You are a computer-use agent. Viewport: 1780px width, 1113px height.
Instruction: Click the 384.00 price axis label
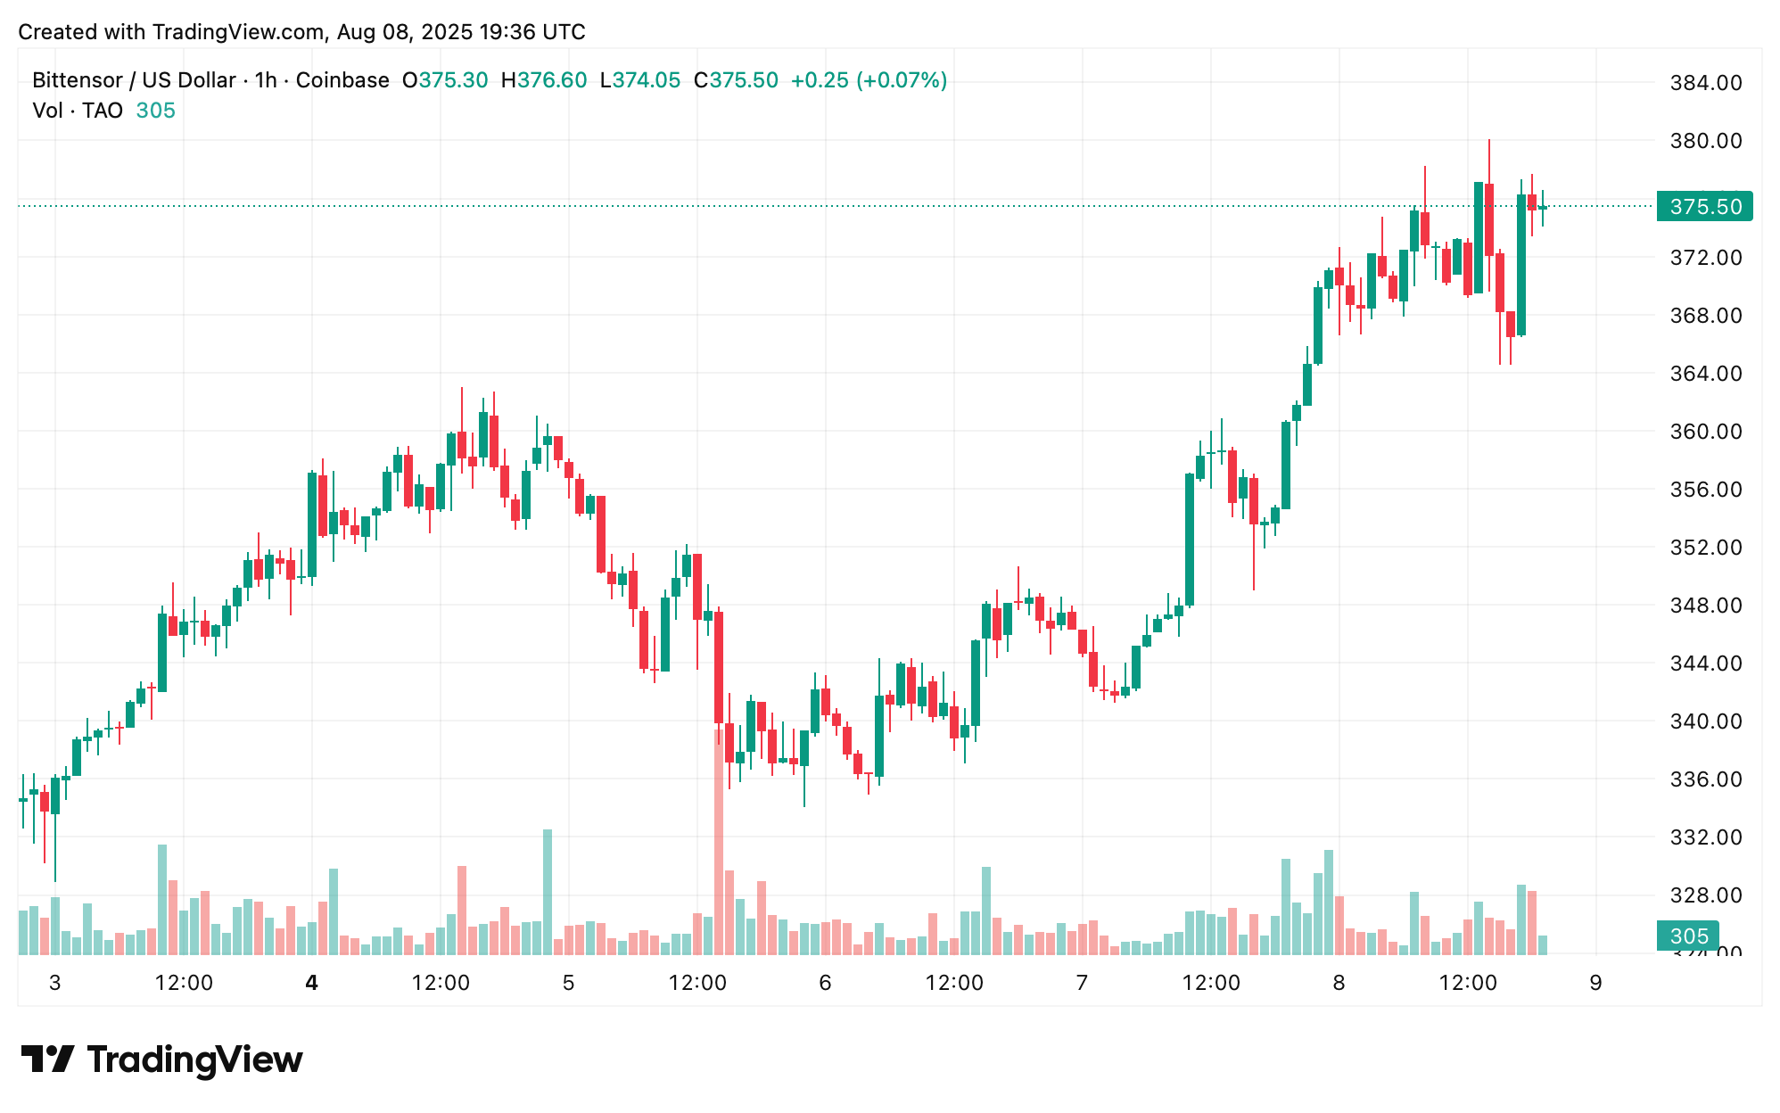[x=1705, y=83]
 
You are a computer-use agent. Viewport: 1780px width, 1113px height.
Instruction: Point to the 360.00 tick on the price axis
[x=1705, y=432]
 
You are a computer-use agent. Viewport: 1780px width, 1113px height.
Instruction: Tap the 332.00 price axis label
[x=1705, y=837]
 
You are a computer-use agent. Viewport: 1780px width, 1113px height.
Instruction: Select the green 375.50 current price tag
[x=1704, y=207]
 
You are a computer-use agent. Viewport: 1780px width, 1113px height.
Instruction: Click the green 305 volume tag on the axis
[x=1688, y=936]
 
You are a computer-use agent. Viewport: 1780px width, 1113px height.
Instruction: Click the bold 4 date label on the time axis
[x=311, y=983]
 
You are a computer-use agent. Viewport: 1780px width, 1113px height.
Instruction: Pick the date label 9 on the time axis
[x=1595, y=983]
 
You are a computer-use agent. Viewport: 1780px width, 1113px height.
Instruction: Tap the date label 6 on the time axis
[x=825, y=983]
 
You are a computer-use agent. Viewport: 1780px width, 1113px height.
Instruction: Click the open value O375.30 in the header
[x=445, y=80]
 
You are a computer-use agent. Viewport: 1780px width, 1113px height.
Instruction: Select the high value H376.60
[x=544, y=80]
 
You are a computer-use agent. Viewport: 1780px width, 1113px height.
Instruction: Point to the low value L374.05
[x=640, y=80]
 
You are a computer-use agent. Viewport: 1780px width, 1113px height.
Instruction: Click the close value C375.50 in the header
[x=736, y=80]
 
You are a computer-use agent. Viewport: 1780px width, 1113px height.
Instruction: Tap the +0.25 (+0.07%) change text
[x=869, y=80]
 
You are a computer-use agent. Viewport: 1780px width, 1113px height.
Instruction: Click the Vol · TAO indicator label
[x=78, y=111]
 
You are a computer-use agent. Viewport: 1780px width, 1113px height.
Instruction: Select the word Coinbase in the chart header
[x=342, y=80]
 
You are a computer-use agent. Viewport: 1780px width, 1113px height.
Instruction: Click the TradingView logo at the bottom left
[x=162, y=1059]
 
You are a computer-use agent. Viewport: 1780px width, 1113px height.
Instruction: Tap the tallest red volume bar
[x=719, y=843]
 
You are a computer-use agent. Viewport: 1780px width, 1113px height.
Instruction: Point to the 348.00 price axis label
[x=1705, y=606]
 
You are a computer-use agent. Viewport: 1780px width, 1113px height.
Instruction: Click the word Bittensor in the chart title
[x=77, y=80]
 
